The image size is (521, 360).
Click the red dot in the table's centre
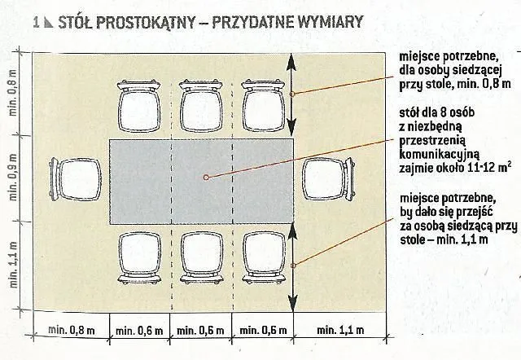(207, 177)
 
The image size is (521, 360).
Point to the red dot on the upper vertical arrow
(293, 94)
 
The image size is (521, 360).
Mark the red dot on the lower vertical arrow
(293, 262)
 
